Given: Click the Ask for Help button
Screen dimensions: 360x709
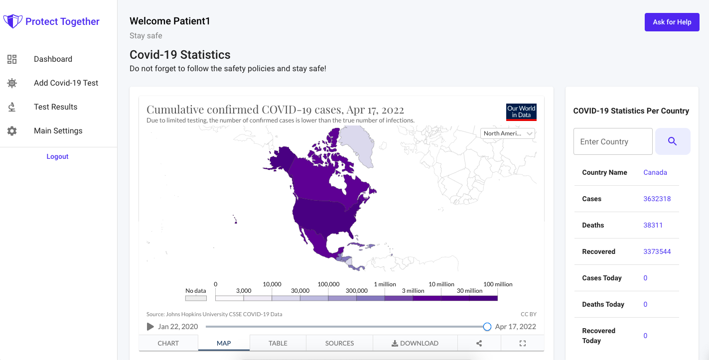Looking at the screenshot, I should tap(672, 22).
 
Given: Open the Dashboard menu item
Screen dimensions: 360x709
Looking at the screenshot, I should tap(53, 59).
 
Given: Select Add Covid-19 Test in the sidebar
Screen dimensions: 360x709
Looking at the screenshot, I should tap(66, 83).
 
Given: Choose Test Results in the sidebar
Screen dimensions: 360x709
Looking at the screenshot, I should tap(55, 107).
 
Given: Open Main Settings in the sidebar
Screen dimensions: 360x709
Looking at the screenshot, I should tap(58, 131).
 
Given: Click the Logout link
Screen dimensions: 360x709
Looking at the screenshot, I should tap(57, 156).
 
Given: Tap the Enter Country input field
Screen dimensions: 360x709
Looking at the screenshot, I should tap(613, 141).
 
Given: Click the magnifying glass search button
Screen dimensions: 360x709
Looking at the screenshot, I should tap(672, 141).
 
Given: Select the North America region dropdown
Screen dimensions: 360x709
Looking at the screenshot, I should tap(508, 133).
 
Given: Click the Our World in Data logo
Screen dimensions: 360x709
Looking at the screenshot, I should tap(521, 112).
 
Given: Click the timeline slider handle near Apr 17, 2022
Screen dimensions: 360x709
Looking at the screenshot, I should tap(487, 327).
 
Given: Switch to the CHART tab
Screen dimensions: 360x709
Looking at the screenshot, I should tap(168, 343).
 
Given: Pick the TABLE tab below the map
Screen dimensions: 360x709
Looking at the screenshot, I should tap(278, 343).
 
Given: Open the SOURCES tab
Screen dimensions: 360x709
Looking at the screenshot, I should tap(339, 343).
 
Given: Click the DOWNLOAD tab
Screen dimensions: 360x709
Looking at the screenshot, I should tap(415, 343).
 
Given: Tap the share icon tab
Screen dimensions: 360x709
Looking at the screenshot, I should tap(479, 343).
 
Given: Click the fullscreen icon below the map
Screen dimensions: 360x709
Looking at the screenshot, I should tap(523, 343).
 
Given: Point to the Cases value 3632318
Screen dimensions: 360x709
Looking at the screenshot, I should tap(657, 199).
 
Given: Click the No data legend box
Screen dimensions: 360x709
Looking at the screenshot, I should tap(196, 298).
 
